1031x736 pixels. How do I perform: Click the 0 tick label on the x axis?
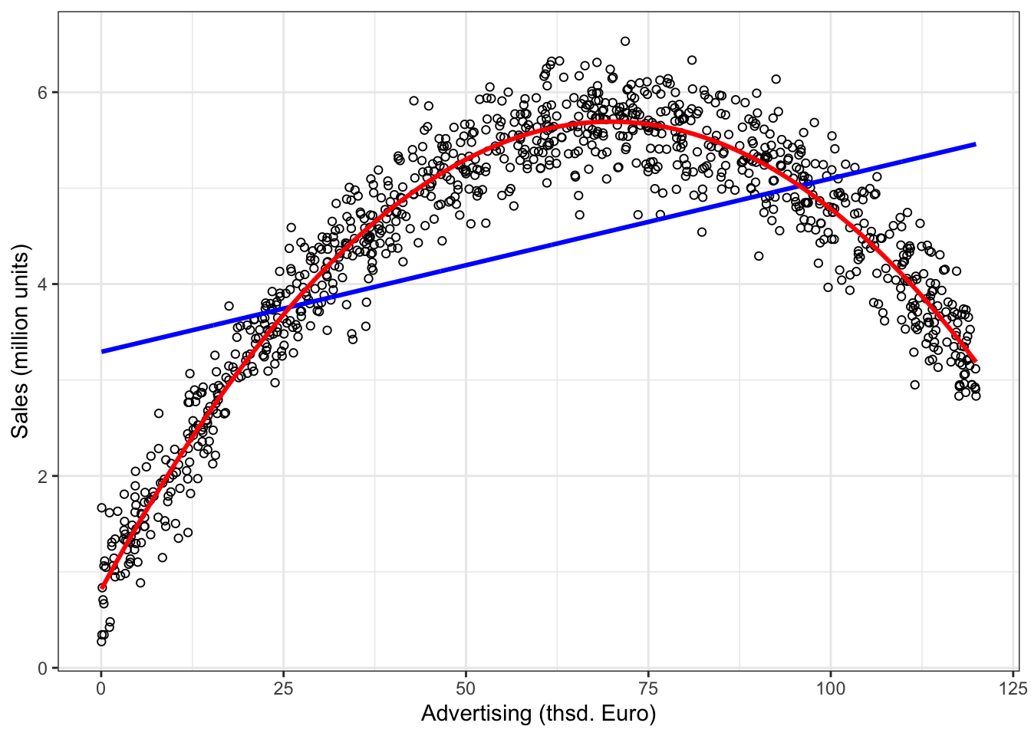pos(101,688)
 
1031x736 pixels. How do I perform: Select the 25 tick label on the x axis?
pos(284,688)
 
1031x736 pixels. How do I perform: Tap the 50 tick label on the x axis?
pos(466,688)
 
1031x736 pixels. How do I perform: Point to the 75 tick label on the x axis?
pos(648,688)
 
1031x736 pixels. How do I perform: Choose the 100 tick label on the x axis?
pos(831,688)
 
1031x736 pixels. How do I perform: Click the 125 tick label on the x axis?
pos(1013,688)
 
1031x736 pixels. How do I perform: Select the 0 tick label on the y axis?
pos(43,669)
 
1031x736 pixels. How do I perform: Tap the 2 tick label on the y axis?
pos(43,476)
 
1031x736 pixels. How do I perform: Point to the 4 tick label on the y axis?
pos(43,284)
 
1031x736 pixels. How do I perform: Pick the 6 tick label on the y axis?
pos(43,92)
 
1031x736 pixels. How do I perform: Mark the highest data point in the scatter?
pos(625,41)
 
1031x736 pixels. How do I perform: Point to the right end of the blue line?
pos(975,144)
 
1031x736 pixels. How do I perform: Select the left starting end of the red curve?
pos(102,588)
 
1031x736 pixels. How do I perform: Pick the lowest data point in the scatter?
pos(101,642)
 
